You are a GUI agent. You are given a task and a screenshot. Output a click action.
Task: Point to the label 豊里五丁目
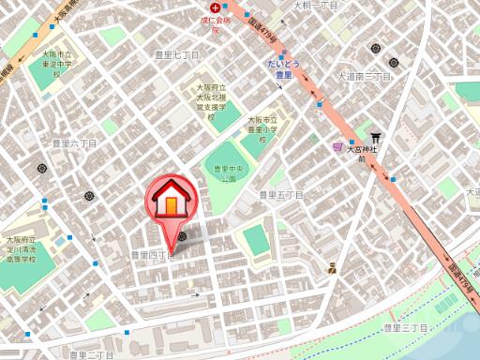[281, 195]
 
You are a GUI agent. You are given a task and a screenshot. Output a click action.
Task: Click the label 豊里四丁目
[152, 254]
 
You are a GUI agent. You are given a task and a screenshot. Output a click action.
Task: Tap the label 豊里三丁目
[405, 328]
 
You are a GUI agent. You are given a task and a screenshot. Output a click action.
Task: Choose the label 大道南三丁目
[364, 76]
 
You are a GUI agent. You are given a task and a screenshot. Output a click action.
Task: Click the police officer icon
[333, 269]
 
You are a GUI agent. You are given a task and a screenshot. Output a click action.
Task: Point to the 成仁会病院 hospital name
[215, 22]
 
